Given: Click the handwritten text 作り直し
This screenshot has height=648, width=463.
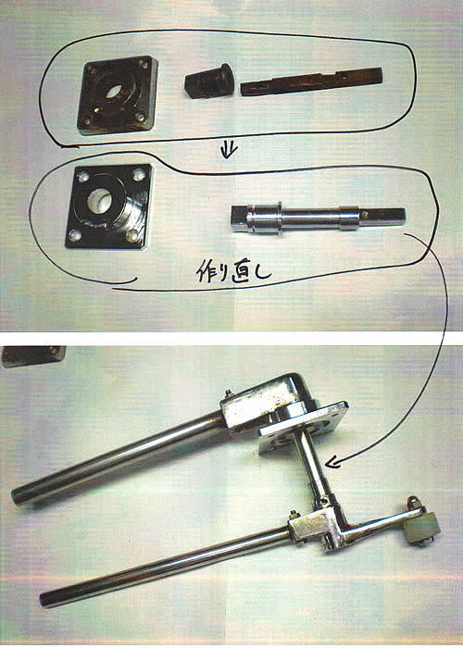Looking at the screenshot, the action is [x=233, y=272].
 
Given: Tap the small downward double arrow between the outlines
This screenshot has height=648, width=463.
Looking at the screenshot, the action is [x=228, y=150].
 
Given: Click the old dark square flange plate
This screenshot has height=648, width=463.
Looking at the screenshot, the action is [x=118, y=95].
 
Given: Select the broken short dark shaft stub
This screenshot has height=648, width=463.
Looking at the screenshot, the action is [x=208, y=81].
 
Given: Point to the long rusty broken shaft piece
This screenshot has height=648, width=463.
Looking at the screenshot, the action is [x=311, y=81].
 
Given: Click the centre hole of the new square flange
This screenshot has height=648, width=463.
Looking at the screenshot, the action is [x=100, y=201].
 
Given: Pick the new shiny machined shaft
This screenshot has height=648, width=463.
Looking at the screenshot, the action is [x=319, y=218].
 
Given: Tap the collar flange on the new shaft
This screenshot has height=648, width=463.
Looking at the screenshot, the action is [x=280, y=218].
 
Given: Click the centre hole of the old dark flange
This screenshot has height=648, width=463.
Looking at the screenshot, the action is [x=112, y=92].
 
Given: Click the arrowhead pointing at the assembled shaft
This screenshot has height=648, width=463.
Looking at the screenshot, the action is [x=333, y=463].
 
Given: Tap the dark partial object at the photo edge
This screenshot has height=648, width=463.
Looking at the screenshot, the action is [x=33, y=356].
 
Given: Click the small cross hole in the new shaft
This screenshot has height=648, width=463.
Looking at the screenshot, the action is [x=364, y=215].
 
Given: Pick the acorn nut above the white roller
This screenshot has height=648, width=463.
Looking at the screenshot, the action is [x=414, y=503].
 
